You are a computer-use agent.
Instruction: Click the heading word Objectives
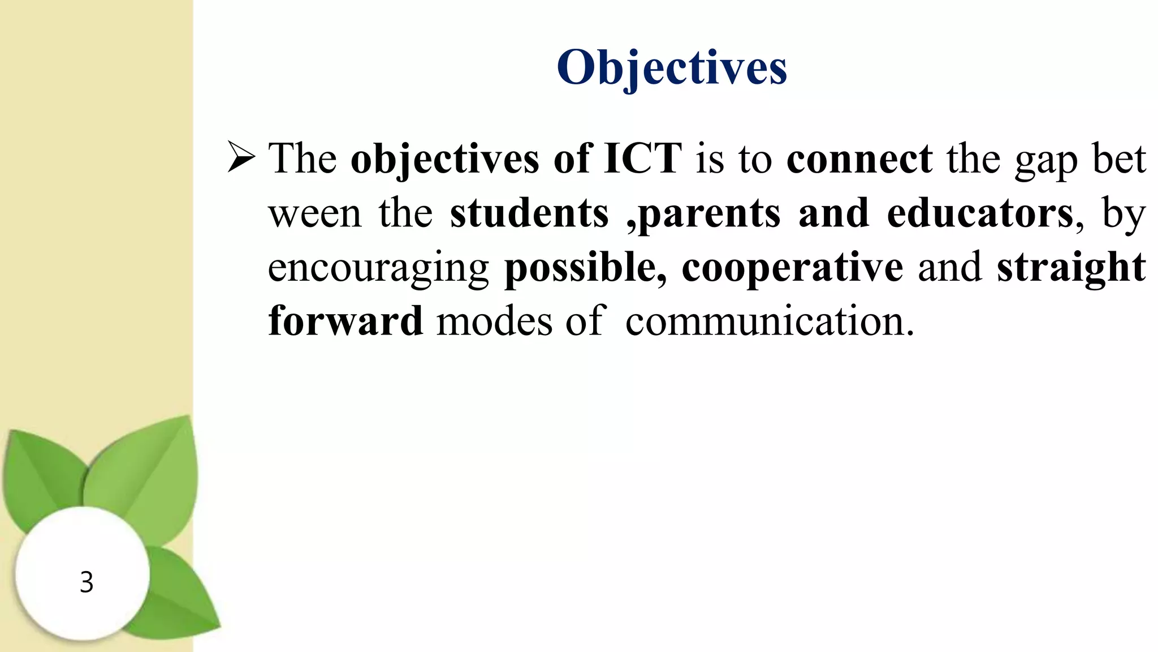tap(672, 68)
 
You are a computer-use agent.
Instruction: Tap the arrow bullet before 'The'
tap(241, 157)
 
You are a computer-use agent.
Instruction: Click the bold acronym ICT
tap(643, 158)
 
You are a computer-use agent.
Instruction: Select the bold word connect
tap(859, 158)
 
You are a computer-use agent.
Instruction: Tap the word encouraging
tap(378, 268)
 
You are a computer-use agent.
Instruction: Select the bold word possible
tap(584, 268)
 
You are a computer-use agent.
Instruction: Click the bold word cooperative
tap(792, 268)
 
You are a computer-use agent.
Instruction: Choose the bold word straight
tap(1071, 268)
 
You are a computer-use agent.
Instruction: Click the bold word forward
tap(345, 321)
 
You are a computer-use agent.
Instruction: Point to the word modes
tap(494, 321)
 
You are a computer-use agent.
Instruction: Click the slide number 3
tap(86, 582)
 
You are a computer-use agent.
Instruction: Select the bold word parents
tap(710, 214)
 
